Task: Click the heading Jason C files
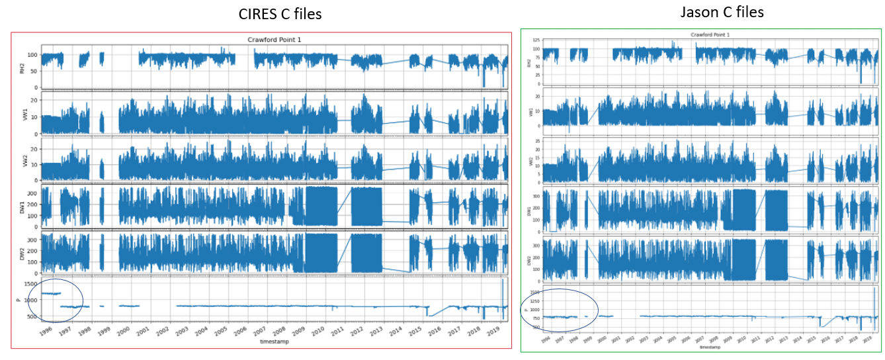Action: (x=722, y=12)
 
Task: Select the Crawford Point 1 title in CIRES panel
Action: (x=274, y=40)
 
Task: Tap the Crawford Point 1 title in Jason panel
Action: (x=711, y=34)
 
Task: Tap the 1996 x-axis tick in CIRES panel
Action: (x=47, y=330)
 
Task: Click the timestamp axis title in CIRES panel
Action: (x=274, y=342)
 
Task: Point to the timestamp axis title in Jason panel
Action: (x=711, y=347)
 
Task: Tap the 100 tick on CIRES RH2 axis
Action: (x=31, y=54)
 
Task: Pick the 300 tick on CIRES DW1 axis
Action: (x=31, y=191)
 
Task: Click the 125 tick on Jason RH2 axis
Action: (x=536, y=40)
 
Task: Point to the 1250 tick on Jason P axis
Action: (x=535, y=300)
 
